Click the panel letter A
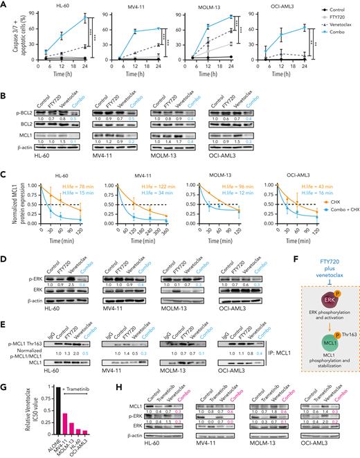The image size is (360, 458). click(x=5, y=5)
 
